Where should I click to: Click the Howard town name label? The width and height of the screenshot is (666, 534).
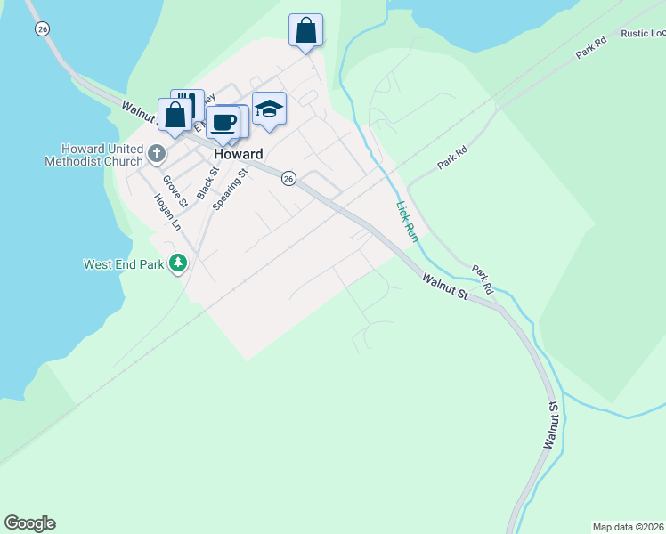[x=238, y=153]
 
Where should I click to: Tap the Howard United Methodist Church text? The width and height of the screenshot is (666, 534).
[x=93, y=155]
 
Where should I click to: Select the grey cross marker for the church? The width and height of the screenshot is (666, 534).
[x=156, y=153]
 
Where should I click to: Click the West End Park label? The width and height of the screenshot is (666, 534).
[x=124, y=264]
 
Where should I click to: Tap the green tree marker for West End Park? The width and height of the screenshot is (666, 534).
[x=179, y=263]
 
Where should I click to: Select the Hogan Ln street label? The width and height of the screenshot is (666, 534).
[x=168, y=213]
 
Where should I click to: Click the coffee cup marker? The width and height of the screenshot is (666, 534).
[x=223, y=122]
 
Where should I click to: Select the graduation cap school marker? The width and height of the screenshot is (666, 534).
[x=269, y=109]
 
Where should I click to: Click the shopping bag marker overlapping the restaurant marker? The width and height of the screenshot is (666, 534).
[x=175, y=114]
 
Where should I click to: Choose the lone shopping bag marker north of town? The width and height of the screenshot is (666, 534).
[x=305, y=30]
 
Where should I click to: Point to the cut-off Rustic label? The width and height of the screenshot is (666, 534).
[x=643, y=34]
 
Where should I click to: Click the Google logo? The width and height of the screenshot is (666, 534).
[x=29, y=523]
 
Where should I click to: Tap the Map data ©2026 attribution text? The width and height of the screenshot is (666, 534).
[x=629, y=526]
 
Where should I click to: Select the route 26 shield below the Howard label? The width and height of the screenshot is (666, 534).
[x=288, y=178]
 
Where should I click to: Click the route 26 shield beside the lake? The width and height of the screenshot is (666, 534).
[x=42, y=29]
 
